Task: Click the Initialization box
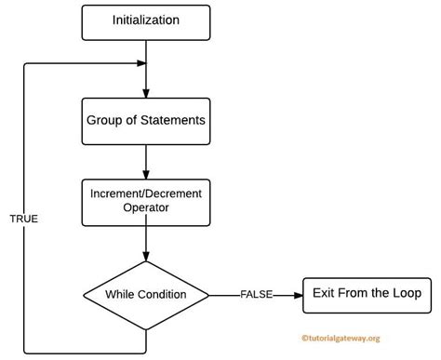tap(147, 20)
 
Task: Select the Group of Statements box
tap(146, 120)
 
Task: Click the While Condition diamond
tap(147, 294)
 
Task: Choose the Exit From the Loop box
tap(366, 293)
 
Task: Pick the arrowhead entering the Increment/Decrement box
tap(147, 175)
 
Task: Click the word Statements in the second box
tap(173, 120)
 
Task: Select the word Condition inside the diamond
tap(162, 294)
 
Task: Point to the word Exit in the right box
tap(321, 293)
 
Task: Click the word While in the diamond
tap(120, 294)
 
